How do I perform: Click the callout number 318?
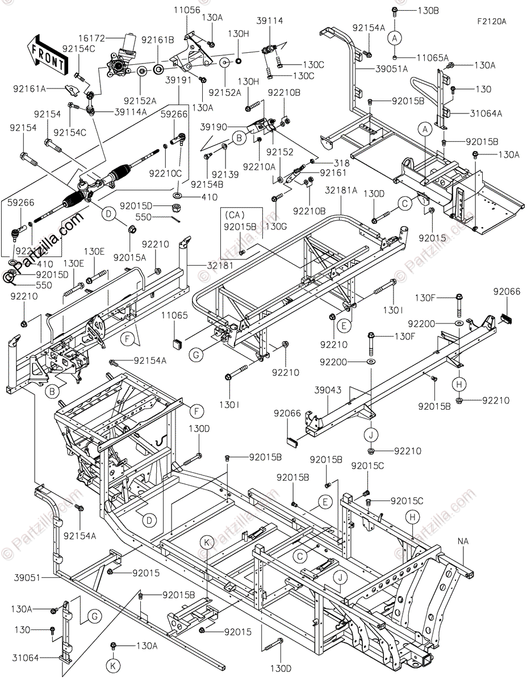click(x=326, y=162)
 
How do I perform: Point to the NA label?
click(x=463, y=541)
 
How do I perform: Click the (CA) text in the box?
click(x=234, y=215)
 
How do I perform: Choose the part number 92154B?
click(x=207, y=184)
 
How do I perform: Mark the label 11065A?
click(x=432, y=57)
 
